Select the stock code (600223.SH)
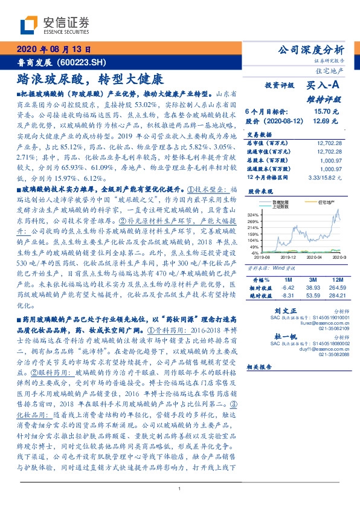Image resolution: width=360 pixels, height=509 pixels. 81,62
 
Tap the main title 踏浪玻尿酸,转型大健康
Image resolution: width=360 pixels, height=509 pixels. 89,79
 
